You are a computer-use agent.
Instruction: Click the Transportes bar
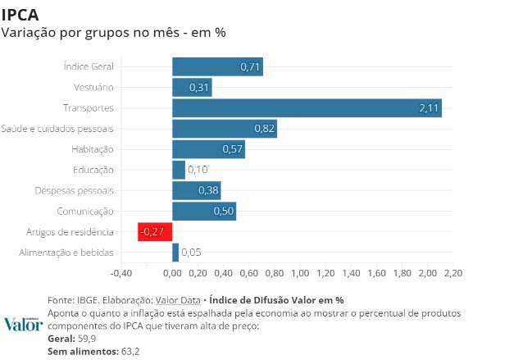307,107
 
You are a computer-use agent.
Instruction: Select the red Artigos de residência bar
155,232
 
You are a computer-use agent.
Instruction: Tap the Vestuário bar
192,87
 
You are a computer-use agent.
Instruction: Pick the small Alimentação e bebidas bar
175,253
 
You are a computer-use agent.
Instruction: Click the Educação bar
179,170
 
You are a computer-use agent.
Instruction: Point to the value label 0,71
250,66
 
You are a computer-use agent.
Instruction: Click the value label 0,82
264,129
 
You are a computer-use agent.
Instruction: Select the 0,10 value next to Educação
197,170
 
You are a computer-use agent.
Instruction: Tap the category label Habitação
93,149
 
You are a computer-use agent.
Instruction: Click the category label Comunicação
86,211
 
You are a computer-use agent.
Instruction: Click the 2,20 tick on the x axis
453,273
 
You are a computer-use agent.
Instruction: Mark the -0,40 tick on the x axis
121,273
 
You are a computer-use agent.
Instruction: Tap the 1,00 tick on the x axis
299,273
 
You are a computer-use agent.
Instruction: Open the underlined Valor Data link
178,300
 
